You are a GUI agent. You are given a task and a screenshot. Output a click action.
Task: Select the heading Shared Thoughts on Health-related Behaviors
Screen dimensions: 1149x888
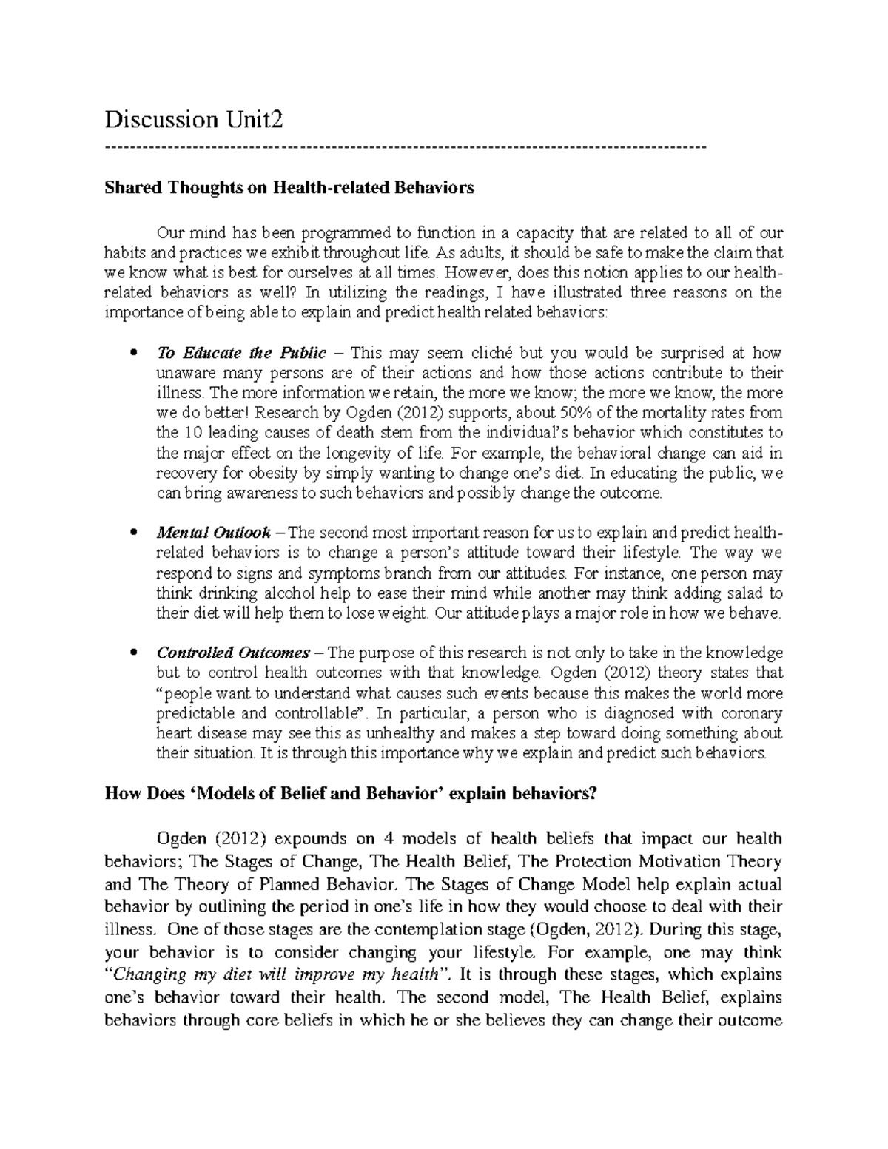point(289,188)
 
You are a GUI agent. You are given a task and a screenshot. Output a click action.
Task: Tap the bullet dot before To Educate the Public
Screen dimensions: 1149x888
point(133,353)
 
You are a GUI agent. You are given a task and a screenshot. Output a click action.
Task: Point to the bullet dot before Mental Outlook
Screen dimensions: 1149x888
point(133,533)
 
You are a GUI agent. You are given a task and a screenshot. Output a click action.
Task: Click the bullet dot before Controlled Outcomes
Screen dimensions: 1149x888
point(133,653)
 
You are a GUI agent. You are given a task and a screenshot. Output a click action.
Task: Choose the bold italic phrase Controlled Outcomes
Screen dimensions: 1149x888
point(232,653)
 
